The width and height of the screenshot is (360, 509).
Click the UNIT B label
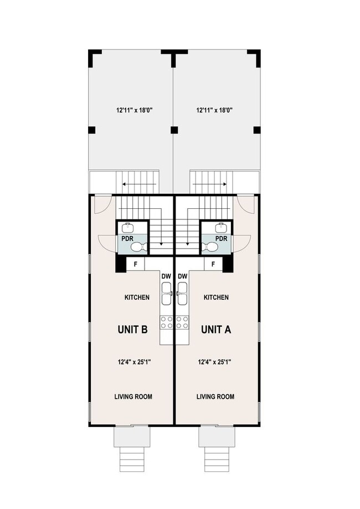pyautogui.click(x=132, y=330)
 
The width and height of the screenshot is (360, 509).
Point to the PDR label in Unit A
pyautogui.click(x=221, y=239)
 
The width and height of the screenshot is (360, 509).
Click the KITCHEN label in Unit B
pyautogui.click(x=136, y=297)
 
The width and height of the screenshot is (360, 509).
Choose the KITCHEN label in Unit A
pyautogui.click(x=216, y=297)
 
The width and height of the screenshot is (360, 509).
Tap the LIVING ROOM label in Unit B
pyautogui.click(x=133, y=397)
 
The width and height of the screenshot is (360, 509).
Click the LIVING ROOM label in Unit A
pyautogui.click(x=215, y=397)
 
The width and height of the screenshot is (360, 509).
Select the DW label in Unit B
pyautogui.click(x=166, y=276)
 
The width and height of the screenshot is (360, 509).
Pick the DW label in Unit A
pyautogui.click(x=182, y=276)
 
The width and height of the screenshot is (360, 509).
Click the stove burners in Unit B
pyautogui.click(x=166, y=322)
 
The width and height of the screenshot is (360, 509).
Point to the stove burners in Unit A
pyautogui.click(x=182, y=322)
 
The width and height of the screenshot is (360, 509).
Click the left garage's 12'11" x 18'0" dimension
pyautogui.click(x=131, y=110)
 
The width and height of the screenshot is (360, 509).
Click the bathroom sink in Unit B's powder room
pyautogui.click(x=128, y=227)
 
